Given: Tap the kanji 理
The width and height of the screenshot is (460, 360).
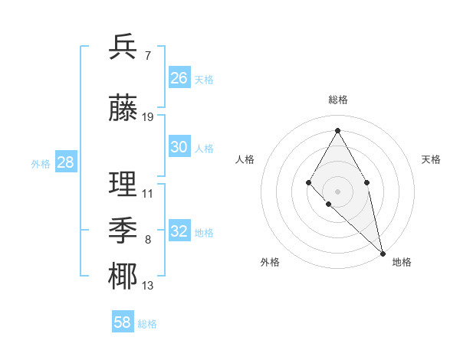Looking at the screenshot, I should click(x=123, y=184).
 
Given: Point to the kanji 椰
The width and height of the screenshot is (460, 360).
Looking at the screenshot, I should click(x=123, y=277).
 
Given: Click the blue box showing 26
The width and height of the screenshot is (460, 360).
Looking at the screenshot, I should click(x=179, y=78).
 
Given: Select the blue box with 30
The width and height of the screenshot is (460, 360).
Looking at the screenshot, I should click(x=179, y=147).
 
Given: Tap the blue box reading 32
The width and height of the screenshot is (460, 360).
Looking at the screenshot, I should click(x=179, y=231).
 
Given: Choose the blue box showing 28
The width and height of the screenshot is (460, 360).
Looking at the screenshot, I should click(x=65, y=162).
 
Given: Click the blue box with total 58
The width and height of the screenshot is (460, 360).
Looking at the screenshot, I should click(x=123, y=322).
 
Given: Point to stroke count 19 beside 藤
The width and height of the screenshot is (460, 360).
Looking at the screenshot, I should click(x=148, y=117).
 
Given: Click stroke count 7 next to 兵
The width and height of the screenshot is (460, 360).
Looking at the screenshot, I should click(x=147, y=55).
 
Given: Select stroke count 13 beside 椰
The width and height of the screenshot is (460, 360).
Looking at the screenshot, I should click(x=148, y=286).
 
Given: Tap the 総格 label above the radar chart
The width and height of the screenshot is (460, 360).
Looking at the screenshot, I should click(x=337, y=100).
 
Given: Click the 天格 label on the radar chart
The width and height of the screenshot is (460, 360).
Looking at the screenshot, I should click(x=431, y=159).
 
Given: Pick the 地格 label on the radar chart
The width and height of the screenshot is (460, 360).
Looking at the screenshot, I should click(x=402, y=262).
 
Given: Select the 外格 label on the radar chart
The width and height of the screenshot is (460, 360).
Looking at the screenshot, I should click(x=270, y=262).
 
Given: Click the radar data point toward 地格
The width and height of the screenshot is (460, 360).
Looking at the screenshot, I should click(x=383, y=253).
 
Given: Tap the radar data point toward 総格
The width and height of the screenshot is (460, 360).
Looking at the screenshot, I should click(x=337, y=130).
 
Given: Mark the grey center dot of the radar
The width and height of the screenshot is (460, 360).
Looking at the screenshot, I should click(x=337, y=191).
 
